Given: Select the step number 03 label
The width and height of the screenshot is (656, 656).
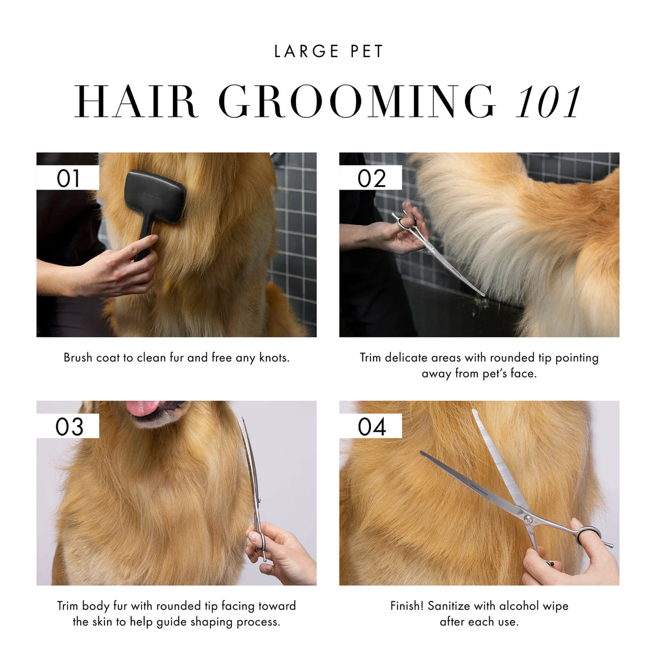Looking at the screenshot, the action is [x=69, y=427].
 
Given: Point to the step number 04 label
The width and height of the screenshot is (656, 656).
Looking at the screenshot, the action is [x=372, y=427].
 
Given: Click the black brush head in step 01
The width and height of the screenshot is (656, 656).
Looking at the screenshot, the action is [x=155, y=197].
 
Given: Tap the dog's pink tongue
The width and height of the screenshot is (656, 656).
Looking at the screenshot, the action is [x=143, y=408].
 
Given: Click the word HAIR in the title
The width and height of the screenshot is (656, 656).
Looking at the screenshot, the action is [x=135, y=101].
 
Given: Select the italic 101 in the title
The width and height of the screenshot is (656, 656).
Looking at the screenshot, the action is [x=548, y=102].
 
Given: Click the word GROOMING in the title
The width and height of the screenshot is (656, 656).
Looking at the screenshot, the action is [x=356, y=101].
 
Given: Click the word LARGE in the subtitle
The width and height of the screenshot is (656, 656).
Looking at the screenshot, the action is [x=306, y=51].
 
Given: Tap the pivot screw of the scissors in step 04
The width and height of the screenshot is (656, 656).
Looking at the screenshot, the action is [x=528, y=520].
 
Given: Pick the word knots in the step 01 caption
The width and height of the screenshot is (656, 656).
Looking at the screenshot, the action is [x=274, y=357].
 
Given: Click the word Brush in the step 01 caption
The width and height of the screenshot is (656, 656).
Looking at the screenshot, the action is [x=78, y=357].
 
